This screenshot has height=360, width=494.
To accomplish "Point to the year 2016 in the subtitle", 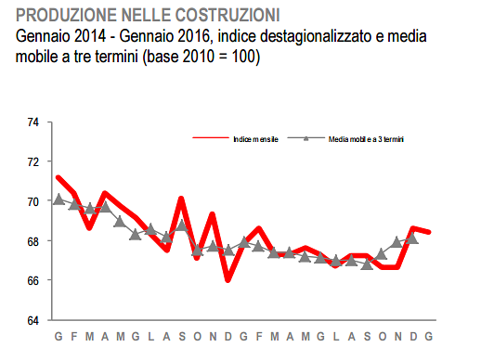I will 195,37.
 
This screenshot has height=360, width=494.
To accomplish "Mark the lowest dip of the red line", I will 228,278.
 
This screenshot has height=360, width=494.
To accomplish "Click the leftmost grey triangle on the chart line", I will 58,199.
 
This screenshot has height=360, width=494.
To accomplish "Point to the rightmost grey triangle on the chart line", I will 412,238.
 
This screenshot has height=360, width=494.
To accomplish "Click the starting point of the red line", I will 58,177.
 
